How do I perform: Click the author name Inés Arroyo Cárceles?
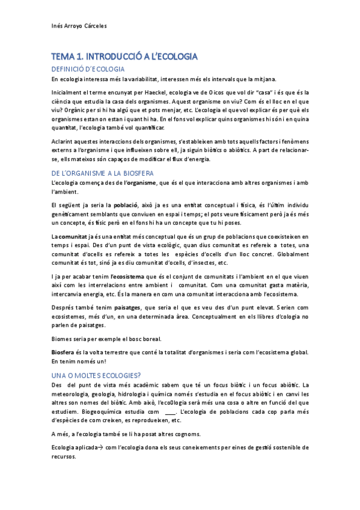click(79, 26)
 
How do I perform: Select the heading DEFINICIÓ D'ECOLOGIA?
click(88, 69)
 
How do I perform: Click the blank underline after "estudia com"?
click(169, 412)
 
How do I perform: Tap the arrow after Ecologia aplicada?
click(99, 448)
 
